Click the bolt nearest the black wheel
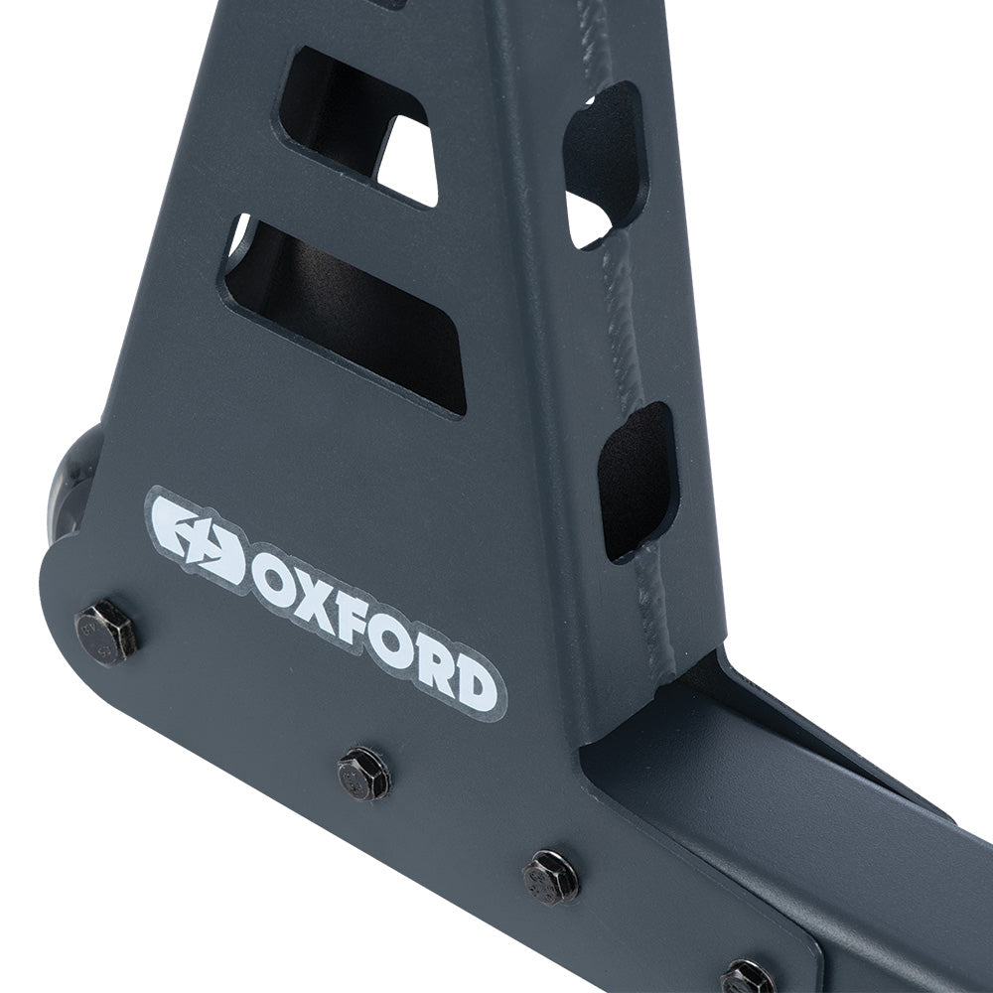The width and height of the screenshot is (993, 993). click(x=105, y=632)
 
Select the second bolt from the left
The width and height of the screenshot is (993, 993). click(x=363, y=775)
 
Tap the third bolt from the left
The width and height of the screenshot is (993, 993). click(x=550, y=877)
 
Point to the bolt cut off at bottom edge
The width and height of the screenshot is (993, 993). click(x=747, y=978)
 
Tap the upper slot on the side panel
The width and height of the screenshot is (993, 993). click(x=604, y=164)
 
